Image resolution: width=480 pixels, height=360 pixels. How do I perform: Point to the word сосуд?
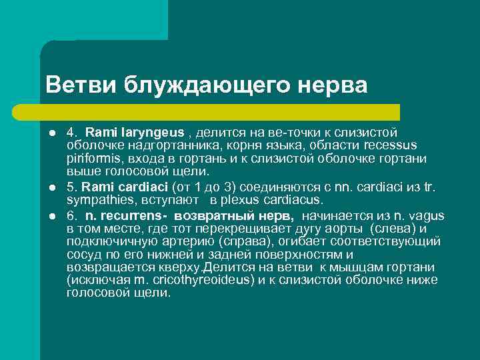[x=84, y=255]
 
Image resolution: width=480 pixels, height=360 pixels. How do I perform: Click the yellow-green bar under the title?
[x=220, y=111]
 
